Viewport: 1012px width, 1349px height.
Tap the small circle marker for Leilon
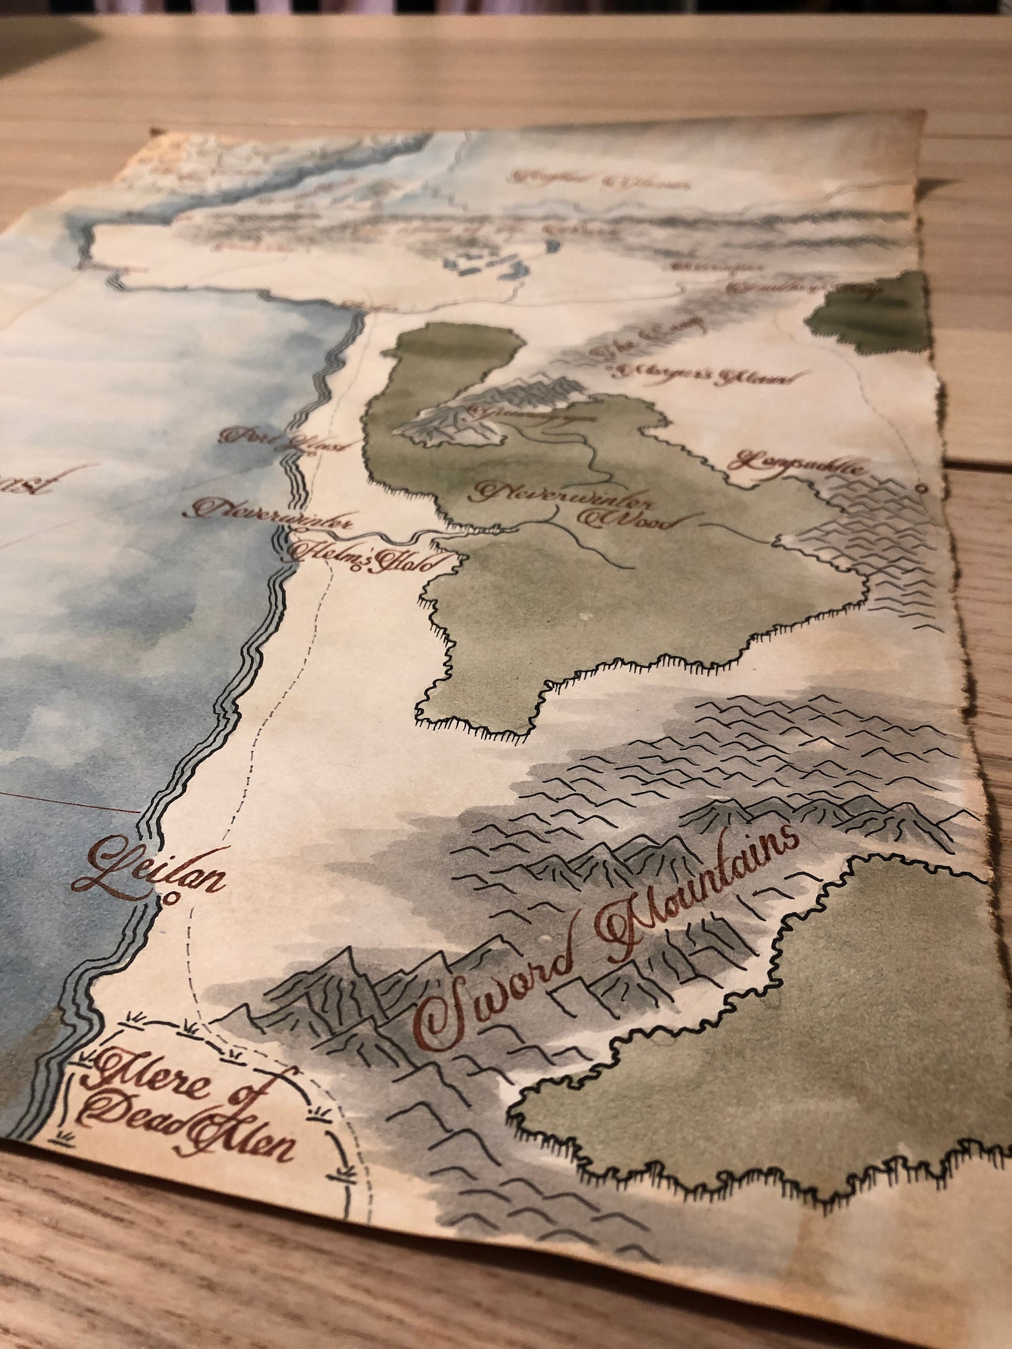click(x=170, y=900)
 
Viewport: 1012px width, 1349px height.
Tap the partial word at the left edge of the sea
click(x=22, y=485)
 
